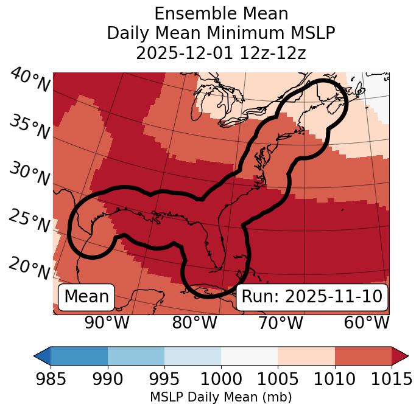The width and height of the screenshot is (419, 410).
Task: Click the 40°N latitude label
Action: (30, 80)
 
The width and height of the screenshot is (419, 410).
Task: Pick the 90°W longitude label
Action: (107, 323)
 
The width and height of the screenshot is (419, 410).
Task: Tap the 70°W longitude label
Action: (281, 323)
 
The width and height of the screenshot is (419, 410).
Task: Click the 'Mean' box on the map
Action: (86, 297)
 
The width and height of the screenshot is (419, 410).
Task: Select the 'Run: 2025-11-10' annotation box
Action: (312, 297)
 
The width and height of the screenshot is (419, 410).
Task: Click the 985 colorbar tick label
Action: (51, 380)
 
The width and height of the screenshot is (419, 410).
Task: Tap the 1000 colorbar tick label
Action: (221, 380)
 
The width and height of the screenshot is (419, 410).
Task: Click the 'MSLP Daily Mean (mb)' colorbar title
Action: (220, 397)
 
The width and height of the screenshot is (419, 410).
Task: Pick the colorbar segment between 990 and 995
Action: (136, 355)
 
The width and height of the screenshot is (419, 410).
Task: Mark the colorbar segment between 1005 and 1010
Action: (306, 355)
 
